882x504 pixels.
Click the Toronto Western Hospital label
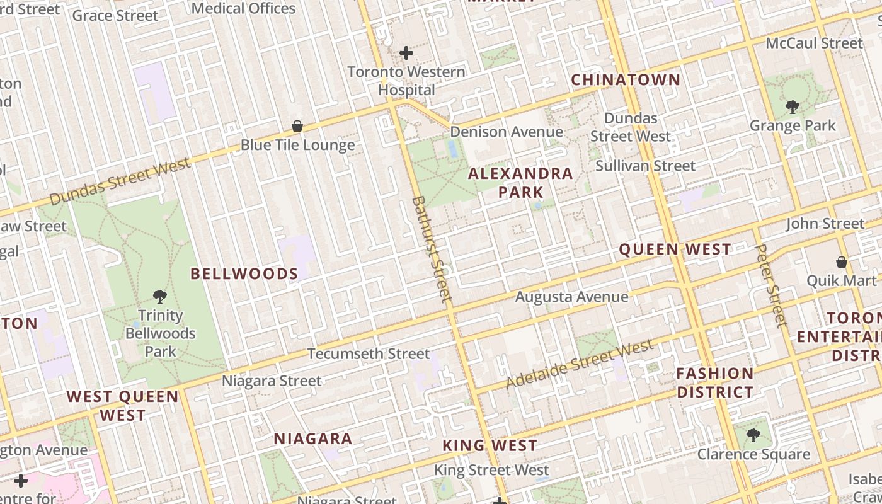coord(406,81)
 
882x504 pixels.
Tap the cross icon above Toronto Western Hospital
coord(406,53)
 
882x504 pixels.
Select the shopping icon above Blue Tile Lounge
coord(297,126)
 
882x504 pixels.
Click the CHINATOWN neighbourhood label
coord(626,80)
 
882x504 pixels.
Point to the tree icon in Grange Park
coord(793,107)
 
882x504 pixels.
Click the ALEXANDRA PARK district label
coord(520,183)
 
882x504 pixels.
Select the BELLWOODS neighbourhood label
coord(244,273)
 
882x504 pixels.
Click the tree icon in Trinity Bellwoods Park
coord(160,296)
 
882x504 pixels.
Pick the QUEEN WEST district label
coord(675,249)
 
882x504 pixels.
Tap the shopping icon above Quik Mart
coord(842,261)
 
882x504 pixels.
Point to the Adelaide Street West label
coord(580,365)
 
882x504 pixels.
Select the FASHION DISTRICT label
coord(715,382)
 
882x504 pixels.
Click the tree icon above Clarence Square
coord(753,435)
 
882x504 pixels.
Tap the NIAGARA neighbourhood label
coord(312,439)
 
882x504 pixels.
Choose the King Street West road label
coord(491,470)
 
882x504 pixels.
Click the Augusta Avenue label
coord(571,297)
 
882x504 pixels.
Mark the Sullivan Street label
coord(646,166)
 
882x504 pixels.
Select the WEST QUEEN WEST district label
coord(123,406)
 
